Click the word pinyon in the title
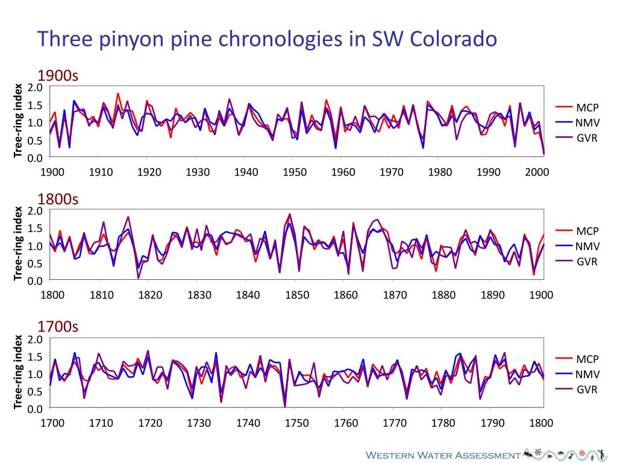click(x=147, y=40)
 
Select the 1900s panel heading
click(x=58, y=76)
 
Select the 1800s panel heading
click(x=58, y=200)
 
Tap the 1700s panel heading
click(x=58, y=327)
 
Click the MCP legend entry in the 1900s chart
click(x=587, y=108)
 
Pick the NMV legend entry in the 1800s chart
click(x=587, y=246)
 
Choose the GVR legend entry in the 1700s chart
click(x=587, y=389)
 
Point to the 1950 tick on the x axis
click(x=295, y=172)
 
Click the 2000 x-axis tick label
click(x=537, y=172)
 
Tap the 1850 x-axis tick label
click(x=297, y=295)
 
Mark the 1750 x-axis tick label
click(x=297, y=423)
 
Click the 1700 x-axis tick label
click(x=52, y=423)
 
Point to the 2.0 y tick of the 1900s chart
click(x=36, y=87)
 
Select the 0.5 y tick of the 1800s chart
click(x=36, y=263)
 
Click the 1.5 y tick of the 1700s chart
click(x=36, y=356)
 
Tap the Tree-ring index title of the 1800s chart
click(x=18, y=244)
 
